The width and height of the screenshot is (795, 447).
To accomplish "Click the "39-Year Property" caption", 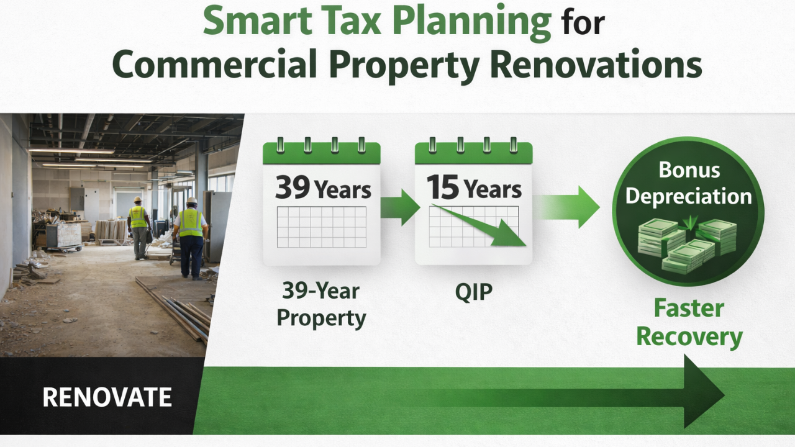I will [321, 304].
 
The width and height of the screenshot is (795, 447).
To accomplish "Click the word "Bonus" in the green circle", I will [689, 170].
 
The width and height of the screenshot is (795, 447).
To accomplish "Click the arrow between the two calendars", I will [399, 207].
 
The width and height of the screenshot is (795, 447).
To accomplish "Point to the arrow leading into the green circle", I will [568, 207].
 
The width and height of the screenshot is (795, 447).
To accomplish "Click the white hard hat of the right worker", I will [192, 202].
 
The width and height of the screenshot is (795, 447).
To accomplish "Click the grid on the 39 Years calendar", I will [321, 227].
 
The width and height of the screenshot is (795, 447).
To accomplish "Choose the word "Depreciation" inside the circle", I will [689, 196].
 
